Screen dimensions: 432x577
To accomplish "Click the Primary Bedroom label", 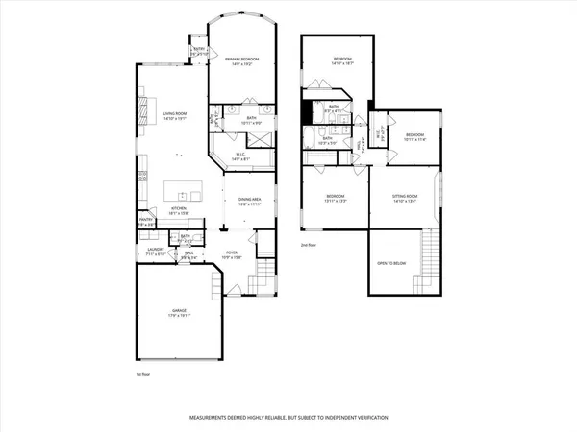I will (238, 61).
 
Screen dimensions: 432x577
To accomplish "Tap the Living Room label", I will (173, 115).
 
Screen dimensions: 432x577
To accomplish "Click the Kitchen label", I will (178, 209).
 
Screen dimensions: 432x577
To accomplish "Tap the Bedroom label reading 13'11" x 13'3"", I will (336, 199).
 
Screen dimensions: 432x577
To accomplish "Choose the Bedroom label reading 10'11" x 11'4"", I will (415, 136).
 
